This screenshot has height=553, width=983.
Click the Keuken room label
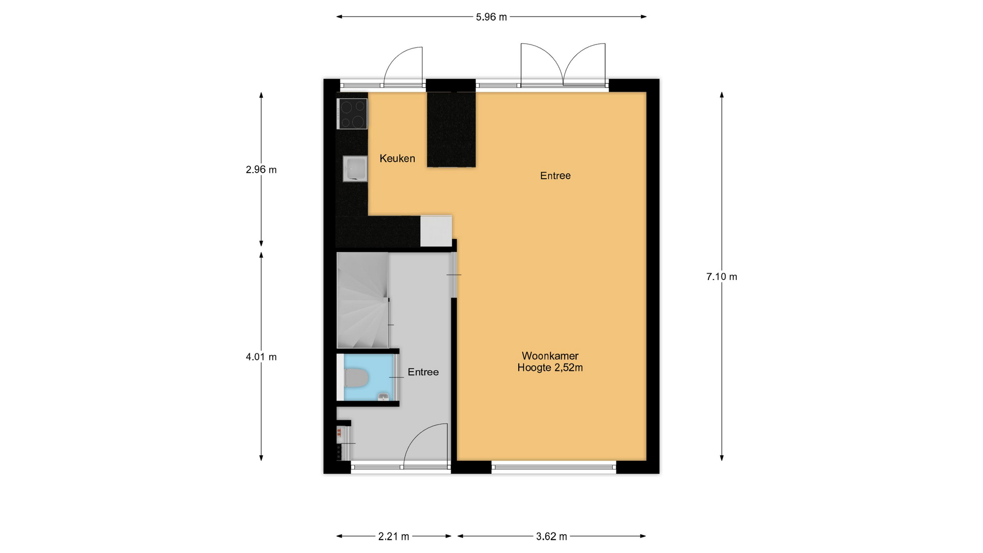coord(397,159)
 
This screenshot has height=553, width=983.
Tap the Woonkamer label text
coord(550,356)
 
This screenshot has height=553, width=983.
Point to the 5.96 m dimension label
coord(491,17)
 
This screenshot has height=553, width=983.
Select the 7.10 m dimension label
coord(721,276)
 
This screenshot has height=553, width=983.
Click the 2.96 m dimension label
coord(261,169)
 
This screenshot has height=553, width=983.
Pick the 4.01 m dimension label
coord(261,357)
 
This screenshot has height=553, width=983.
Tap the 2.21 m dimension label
coord(394,536)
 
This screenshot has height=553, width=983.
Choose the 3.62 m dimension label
coord(551,536)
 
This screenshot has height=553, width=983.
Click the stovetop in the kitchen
coord(352,114)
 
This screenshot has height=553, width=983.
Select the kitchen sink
coord(355,168)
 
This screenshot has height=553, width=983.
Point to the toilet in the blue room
coord(356,378)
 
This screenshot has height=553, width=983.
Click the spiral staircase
coord(362,301)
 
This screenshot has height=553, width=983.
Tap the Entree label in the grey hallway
coord(423,372)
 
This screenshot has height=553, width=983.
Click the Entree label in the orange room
coord(555,176)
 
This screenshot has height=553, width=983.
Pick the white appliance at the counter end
coord(436,231)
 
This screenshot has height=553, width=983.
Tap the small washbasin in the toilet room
coord(382,396)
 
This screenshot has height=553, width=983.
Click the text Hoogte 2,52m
coord(550,368)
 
